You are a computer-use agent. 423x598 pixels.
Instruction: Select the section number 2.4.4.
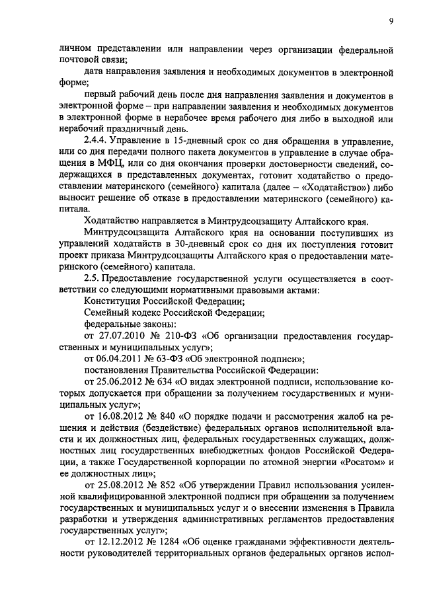point(96,141)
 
